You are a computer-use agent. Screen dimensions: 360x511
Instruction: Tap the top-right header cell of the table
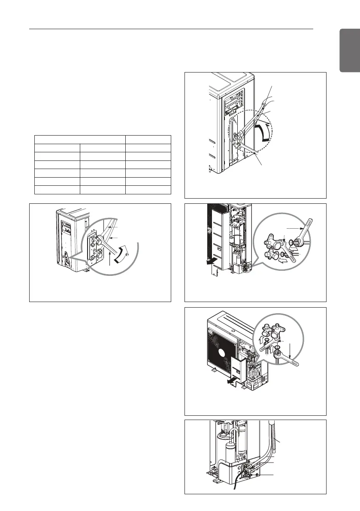coord(148,139)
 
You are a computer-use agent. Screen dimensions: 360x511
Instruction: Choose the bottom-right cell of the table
coord(148,190)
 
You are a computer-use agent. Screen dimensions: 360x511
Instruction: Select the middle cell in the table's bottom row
coord(102,190)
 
